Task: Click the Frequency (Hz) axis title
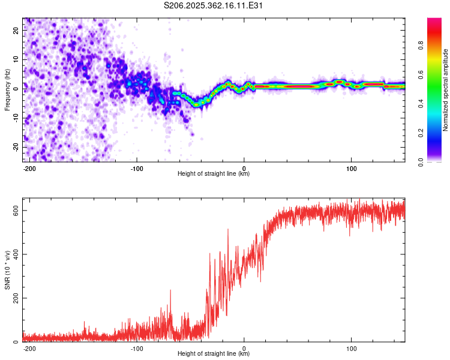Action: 7,90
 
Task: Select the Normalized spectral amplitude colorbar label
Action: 446,90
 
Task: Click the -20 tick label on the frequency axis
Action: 15,147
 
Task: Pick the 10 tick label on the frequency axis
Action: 16,60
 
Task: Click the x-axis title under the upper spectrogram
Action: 214,174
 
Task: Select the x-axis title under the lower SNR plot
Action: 214,354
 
